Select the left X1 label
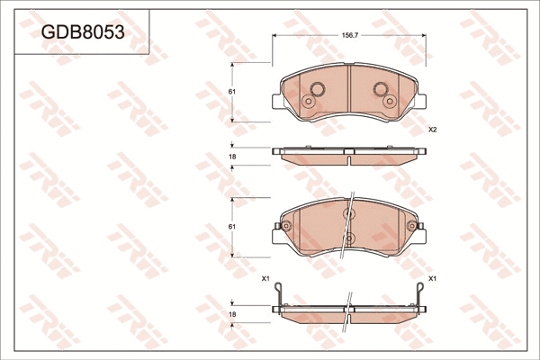point(265,279)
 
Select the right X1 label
point(433,279)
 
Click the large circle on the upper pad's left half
point(317,89)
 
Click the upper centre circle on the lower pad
point(349,214)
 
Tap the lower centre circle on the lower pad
point(349,238)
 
